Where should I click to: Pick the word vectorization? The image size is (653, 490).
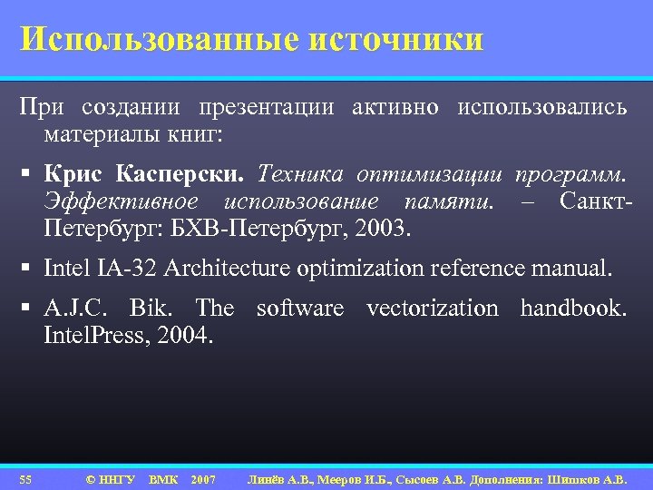(432, 309)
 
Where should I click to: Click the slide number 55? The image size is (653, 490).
(25, 478)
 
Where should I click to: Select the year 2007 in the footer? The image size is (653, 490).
(203, 478)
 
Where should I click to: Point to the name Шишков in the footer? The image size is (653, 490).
(571, 478)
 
